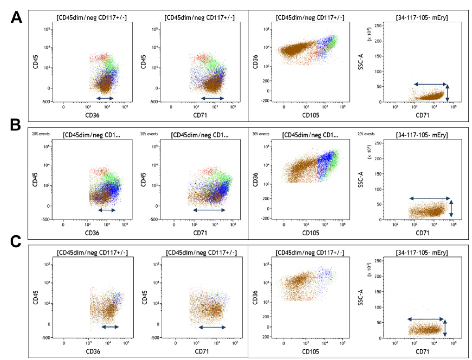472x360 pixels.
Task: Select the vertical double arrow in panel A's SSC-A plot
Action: tap(447, 92)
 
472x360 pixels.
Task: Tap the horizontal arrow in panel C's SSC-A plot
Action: tap(426, 319)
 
